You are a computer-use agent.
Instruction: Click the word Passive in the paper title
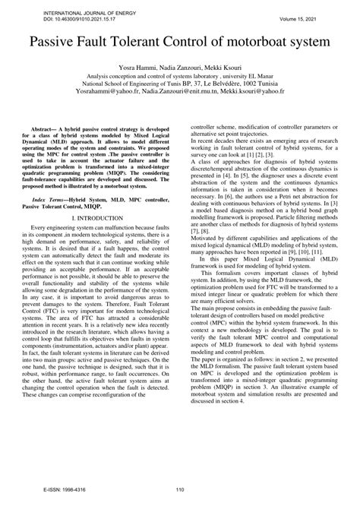55,40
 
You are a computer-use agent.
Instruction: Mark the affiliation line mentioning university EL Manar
180,77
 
